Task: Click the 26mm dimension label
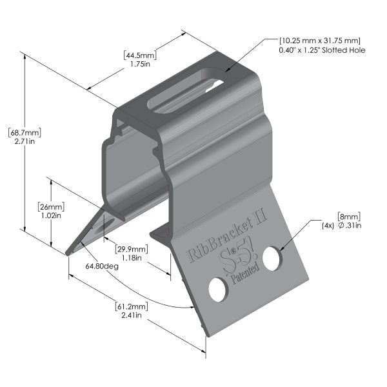(50, 206)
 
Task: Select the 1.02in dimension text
(50, 216)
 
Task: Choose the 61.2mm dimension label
(132, 306)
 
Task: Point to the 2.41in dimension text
(132, 315)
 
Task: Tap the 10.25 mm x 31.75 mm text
(319, 40)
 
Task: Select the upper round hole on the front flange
(272, 258)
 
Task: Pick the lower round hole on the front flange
(218, 290)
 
